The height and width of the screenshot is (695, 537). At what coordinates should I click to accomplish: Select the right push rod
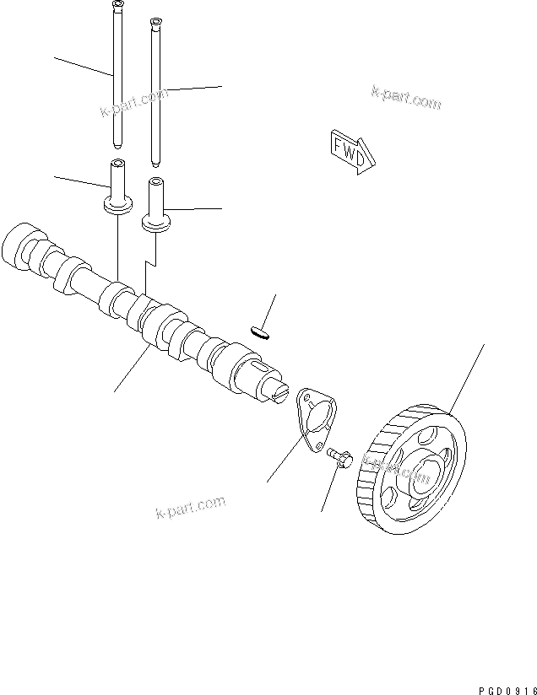[155, 93]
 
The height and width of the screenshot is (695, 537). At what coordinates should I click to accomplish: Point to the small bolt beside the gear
[340, 457]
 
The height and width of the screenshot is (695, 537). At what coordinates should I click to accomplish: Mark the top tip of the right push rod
[155, 21]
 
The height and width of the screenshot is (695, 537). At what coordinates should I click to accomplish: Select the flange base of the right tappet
[155, 221]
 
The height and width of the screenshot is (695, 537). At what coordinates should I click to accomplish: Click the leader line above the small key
[269, 310]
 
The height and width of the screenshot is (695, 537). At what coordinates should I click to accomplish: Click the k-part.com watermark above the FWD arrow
[405, 99]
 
